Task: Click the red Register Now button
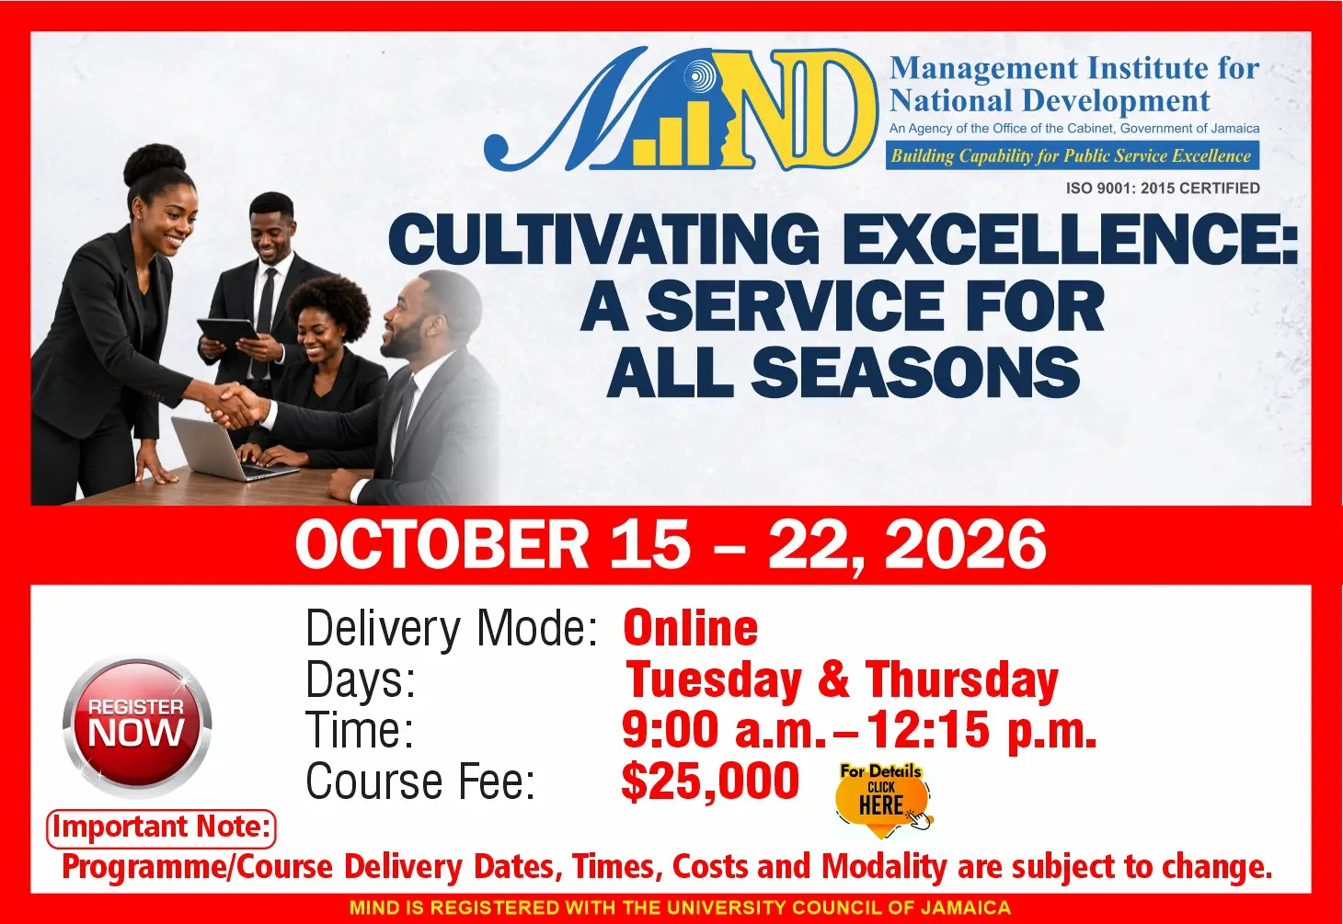(x=137, y=727)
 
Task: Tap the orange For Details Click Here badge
(x=882, y=799)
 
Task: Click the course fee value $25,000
(x=710, y=781)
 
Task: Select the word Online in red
(x=691, y=627)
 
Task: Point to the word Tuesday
(x=714, y=680)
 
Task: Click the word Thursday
(x=961, y=680)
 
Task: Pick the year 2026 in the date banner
(x=965, y=544)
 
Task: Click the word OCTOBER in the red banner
(x=442, y=544)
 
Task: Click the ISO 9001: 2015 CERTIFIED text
(x=1163, y=188)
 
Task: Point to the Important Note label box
(x=161, y=828)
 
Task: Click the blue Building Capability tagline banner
(x=1073, y=155)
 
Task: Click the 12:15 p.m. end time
(x=982, y=730)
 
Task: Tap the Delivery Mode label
(x=452, y=627)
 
